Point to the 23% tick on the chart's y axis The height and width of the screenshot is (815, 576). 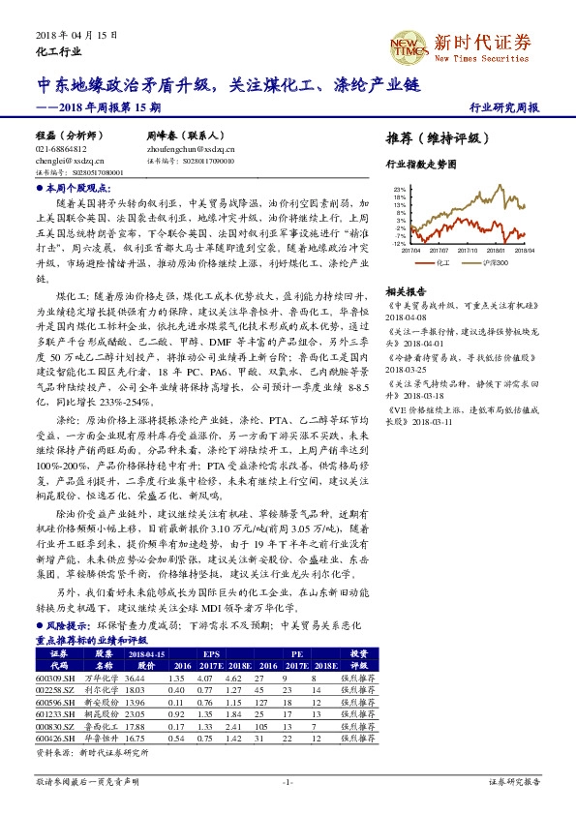click(400, 190)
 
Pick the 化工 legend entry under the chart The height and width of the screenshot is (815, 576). click(442, 261)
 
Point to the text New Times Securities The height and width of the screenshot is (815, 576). click(482, 58)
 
